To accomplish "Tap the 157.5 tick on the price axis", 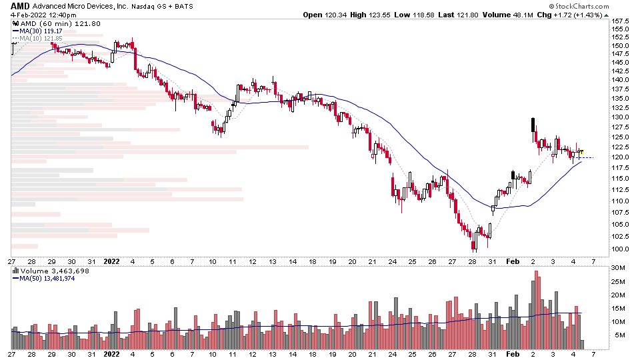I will tap(619, 21).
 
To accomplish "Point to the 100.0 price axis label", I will tap(619, 249).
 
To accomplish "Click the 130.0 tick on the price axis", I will tap(619, 117).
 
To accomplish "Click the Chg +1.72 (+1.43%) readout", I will tap(571, 15).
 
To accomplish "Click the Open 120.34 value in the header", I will tap(321, 15).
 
